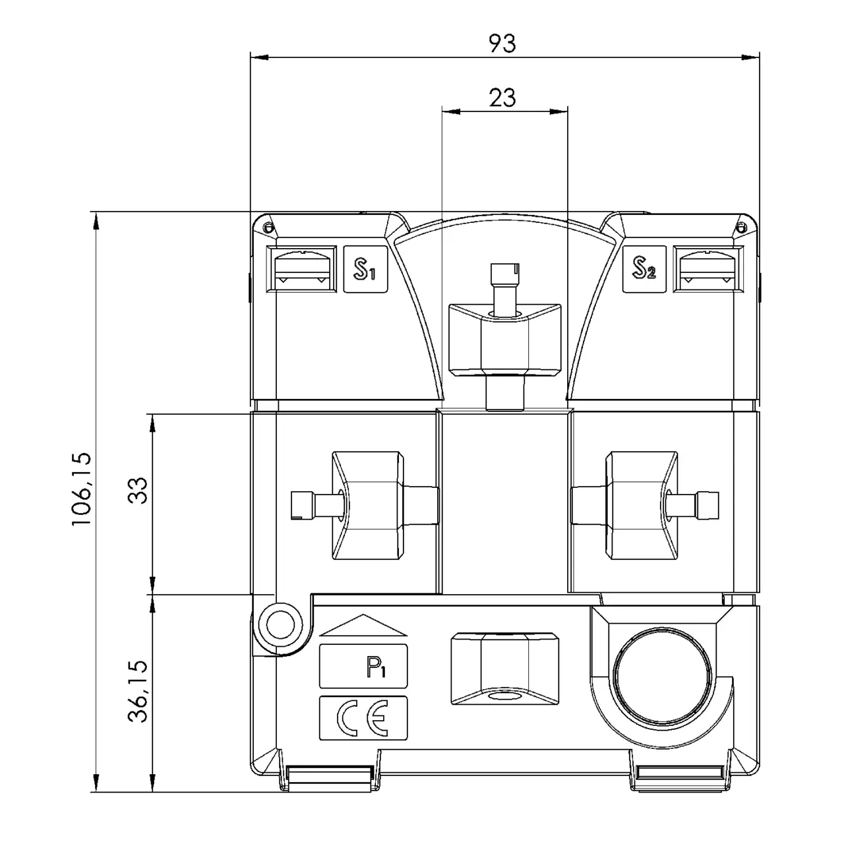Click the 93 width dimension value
pos(502,44)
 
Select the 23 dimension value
pos(502,98)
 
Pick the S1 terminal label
pos(365,270)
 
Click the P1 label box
pos(363,667)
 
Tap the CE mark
pos(363,718)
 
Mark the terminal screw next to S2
pos(706,269)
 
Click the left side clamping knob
pos(367,505)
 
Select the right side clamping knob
pos(642,505)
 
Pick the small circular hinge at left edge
pos(280,624)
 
